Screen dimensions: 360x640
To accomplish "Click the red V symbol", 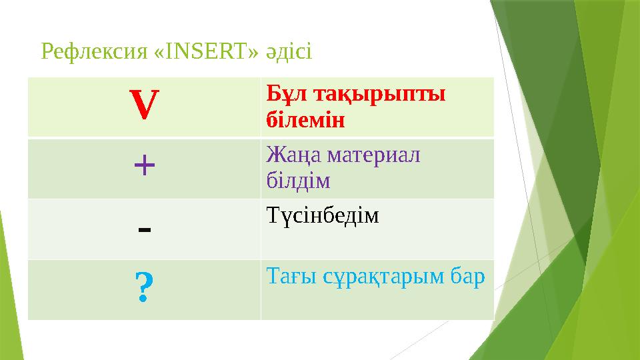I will (145, 107).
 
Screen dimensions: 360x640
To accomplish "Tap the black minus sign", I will (145, 229).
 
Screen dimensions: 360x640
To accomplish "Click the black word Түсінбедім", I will (322, 216).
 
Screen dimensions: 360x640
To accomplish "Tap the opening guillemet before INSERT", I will (150, 51).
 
